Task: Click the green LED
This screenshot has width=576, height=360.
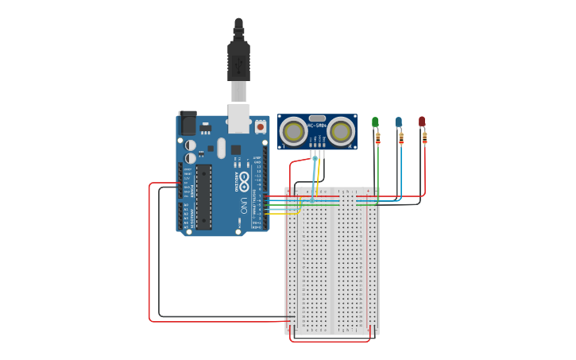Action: (375, 122)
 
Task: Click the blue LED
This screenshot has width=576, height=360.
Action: (398, 122)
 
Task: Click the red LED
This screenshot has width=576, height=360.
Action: (422, 121)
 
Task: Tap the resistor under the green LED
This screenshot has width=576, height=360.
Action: (378, 138)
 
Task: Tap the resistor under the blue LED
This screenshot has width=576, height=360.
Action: (401, 138)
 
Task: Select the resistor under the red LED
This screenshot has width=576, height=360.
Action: (425, 138)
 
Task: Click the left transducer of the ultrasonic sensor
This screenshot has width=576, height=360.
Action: (293, 131)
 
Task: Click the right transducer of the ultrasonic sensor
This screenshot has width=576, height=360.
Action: (342, 131)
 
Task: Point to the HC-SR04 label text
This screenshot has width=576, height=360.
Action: (317, 126)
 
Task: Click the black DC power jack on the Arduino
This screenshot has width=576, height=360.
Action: (187, 122)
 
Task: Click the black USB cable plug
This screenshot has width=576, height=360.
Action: (238, 60)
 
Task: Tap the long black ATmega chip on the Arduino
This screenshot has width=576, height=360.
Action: (203, 197)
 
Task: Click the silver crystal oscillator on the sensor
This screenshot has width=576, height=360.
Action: (317, 118)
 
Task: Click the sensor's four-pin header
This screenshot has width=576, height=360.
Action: (317, 144)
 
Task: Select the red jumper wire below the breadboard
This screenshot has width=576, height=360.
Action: (330, 342)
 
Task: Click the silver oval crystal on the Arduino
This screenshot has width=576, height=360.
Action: (222, 149)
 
